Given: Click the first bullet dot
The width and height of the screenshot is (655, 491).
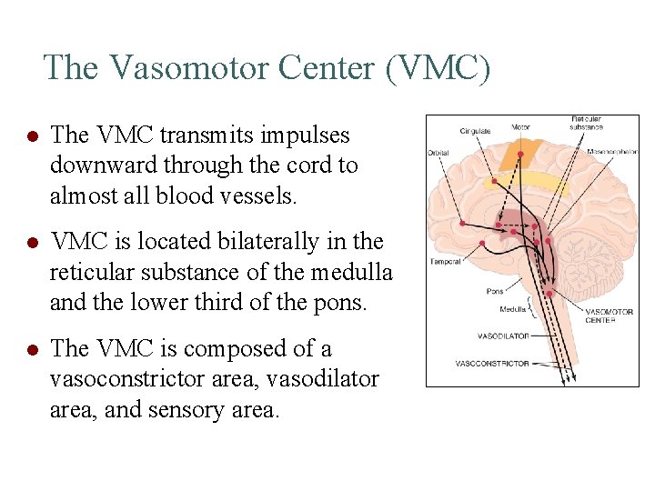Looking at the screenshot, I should coord(31,135).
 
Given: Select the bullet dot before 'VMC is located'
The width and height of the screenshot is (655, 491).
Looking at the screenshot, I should coord(31,243).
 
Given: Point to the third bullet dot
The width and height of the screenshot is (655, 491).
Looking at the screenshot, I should coord(31,350).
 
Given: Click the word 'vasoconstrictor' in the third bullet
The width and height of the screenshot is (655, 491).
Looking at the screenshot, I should coord(122,379).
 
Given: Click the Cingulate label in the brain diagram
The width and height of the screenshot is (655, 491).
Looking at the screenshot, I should coord(475,131).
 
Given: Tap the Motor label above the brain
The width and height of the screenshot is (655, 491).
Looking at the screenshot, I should coord(521,126).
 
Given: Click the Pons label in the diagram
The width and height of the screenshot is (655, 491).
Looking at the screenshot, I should coord(495,292).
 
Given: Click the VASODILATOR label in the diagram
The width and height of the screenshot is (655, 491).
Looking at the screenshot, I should coord(503,336).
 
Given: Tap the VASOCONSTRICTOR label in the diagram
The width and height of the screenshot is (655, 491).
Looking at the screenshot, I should coord(492,364).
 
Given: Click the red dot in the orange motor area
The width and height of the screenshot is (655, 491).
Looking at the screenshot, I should coord(519,154).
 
